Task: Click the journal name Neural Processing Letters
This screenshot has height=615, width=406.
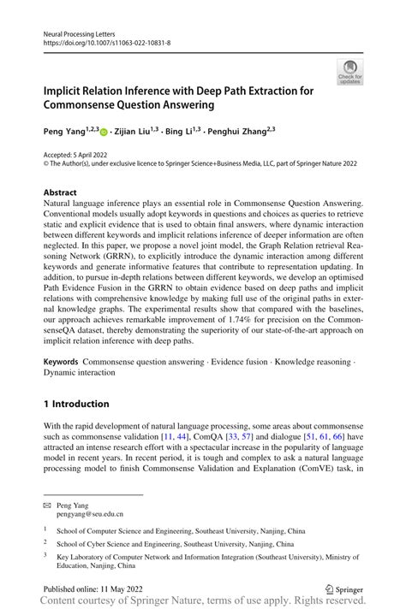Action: pos(79,30)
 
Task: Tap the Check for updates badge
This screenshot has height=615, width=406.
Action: pos(349,72)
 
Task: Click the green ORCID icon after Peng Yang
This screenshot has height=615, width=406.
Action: pos(104,133)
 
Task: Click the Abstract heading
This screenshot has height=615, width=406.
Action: pos(63,193)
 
